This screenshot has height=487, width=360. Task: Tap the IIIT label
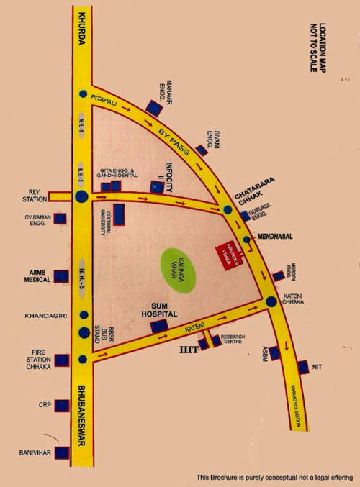click(x=189, y=352)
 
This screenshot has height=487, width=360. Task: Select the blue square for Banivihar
click(x=60, y=454)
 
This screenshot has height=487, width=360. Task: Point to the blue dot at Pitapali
click(x=84, y=94)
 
